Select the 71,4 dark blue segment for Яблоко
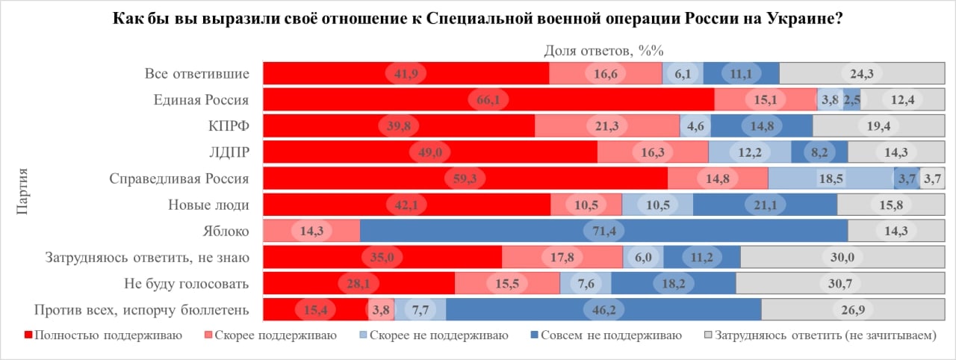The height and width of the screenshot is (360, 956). point(603,231)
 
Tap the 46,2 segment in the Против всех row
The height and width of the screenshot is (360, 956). point(603,310)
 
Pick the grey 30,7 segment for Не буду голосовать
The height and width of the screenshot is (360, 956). point(835,284)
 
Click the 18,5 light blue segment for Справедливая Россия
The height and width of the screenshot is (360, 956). point(831,179)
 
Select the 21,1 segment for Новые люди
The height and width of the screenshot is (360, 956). point(765,205)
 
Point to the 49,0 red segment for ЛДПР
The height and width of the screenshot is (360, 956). point(430,152)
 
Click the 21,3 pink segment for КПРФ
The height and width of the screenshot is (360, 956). point(607,125)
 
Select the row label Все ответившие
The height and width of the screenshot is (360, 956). point(196,73)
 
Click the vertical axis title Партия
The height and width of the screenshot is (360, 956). point(22,191)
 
